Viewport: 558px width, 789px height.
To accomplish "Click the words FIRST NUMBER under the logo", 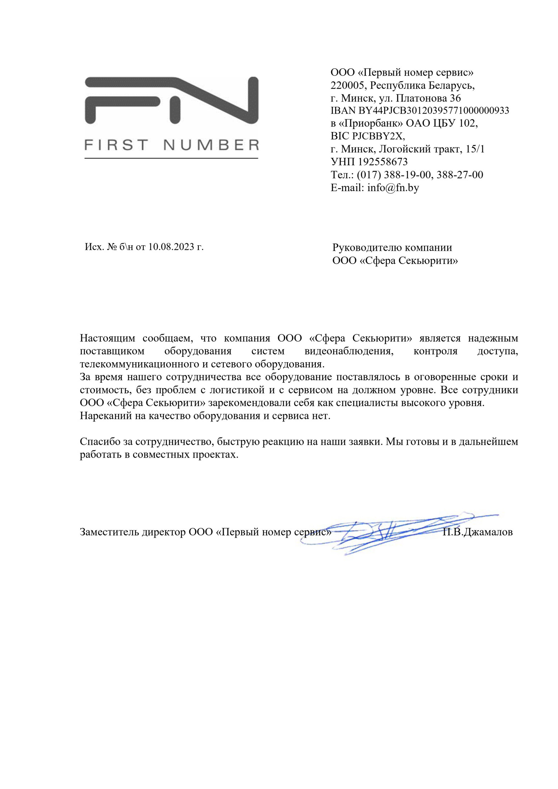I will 172,145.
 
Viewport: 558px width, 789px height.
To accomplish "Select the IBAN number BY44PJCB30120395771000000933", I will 433,110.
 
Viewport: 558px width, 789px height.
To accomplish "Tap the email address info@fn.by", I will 393,188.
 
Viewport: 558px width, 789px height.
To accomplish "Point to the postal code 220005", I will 348,85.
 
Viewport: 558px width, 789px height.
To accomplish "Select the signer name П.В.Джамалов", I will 478,532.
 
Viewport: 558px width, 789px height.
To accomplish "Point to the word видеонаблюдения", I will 349,351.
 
